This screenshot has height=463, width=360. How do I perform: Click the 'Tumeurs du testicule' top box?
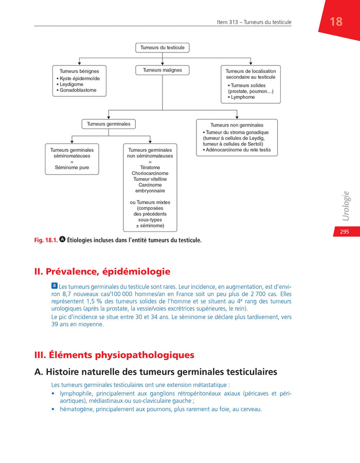coord(163,48)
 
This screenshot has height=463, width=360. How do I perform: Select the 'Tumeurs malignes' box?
coord(163,70)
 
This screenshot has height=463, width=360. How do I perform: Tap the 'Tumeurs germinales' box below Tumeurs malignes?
coord(109,124)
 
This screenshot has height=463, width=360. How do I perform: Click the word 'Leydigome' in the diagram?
coord(71,84)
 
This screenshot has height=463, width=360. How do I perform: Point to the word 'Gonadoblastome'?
coord(77,91)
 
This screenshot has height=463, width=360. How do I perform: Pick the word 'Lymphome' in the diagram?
coord(243,97)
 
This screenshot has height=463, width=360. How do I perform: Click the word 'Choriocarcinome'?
coord(150,173)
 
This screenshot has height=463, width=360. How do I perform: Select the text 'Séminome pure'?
coord(72,167)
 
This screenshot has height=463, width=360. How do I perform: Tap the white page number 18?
coord(336,22)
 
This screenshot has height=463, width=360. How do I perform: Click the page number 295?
coord(344,232)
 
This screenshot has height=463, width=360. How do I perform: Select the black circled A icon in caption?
coord(63,240)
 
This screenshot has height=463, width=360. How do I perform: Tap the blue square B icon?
coord(55,286)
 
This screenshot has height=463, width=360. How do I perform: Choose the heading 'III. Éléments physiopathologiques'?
coord(114,355)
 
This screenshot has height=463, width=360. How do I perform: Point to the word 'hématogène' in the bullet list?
coord(77,409)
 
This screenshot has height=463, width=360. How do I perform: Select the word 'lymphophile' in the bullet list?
coord(77,394)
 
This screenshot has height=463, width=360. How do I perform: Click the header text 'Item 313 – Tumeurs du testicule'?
coord(254,22)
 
